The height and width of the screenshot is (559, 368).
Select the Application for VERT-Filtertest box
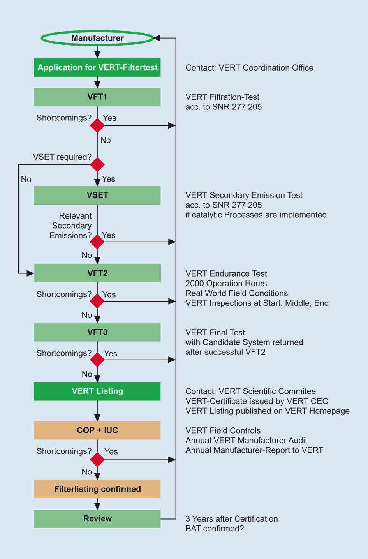(97, 67)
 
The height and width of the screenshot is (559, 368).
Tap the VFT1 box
(97, 97)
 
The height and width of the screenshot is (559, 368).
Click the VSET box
(97, 195)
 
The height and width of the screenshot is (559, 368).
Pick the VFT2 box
(97, 273)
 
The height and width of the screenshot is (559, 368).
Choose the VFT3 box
(97, 332)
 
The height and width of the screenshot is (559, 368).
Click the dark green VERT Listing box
(97, 391)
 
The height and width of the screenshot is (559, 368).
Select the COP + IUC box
(97, 430)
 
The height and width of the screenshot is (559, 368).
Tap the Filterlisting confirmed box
(97, 489)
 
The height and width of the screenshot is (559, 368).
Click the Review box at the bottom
(97, 518)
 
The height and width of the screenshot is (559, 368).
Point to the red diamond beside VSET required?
(97, 165)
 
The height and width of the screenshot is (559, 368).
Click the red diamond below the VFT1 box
(97, 125)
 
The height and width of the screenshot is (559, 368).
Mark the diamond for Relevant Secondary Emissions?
(97, 242)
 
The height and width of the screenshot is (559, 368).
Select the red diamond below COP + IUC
(97, 460)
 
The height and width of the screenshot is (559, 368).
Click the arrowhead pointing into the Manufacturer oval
(157, 38)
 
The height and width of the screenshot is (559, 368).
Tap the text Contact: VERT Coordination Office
(249, 68)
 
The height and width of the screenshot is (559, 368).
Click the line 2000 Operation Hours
(226, 284)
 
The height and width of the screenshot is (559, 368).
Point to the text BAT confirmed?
(215, 529)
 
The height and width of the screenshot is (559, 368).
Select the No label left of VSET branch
(26, 179)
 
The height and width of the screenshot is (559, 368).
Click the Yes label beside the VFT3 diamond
(111, 354)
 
